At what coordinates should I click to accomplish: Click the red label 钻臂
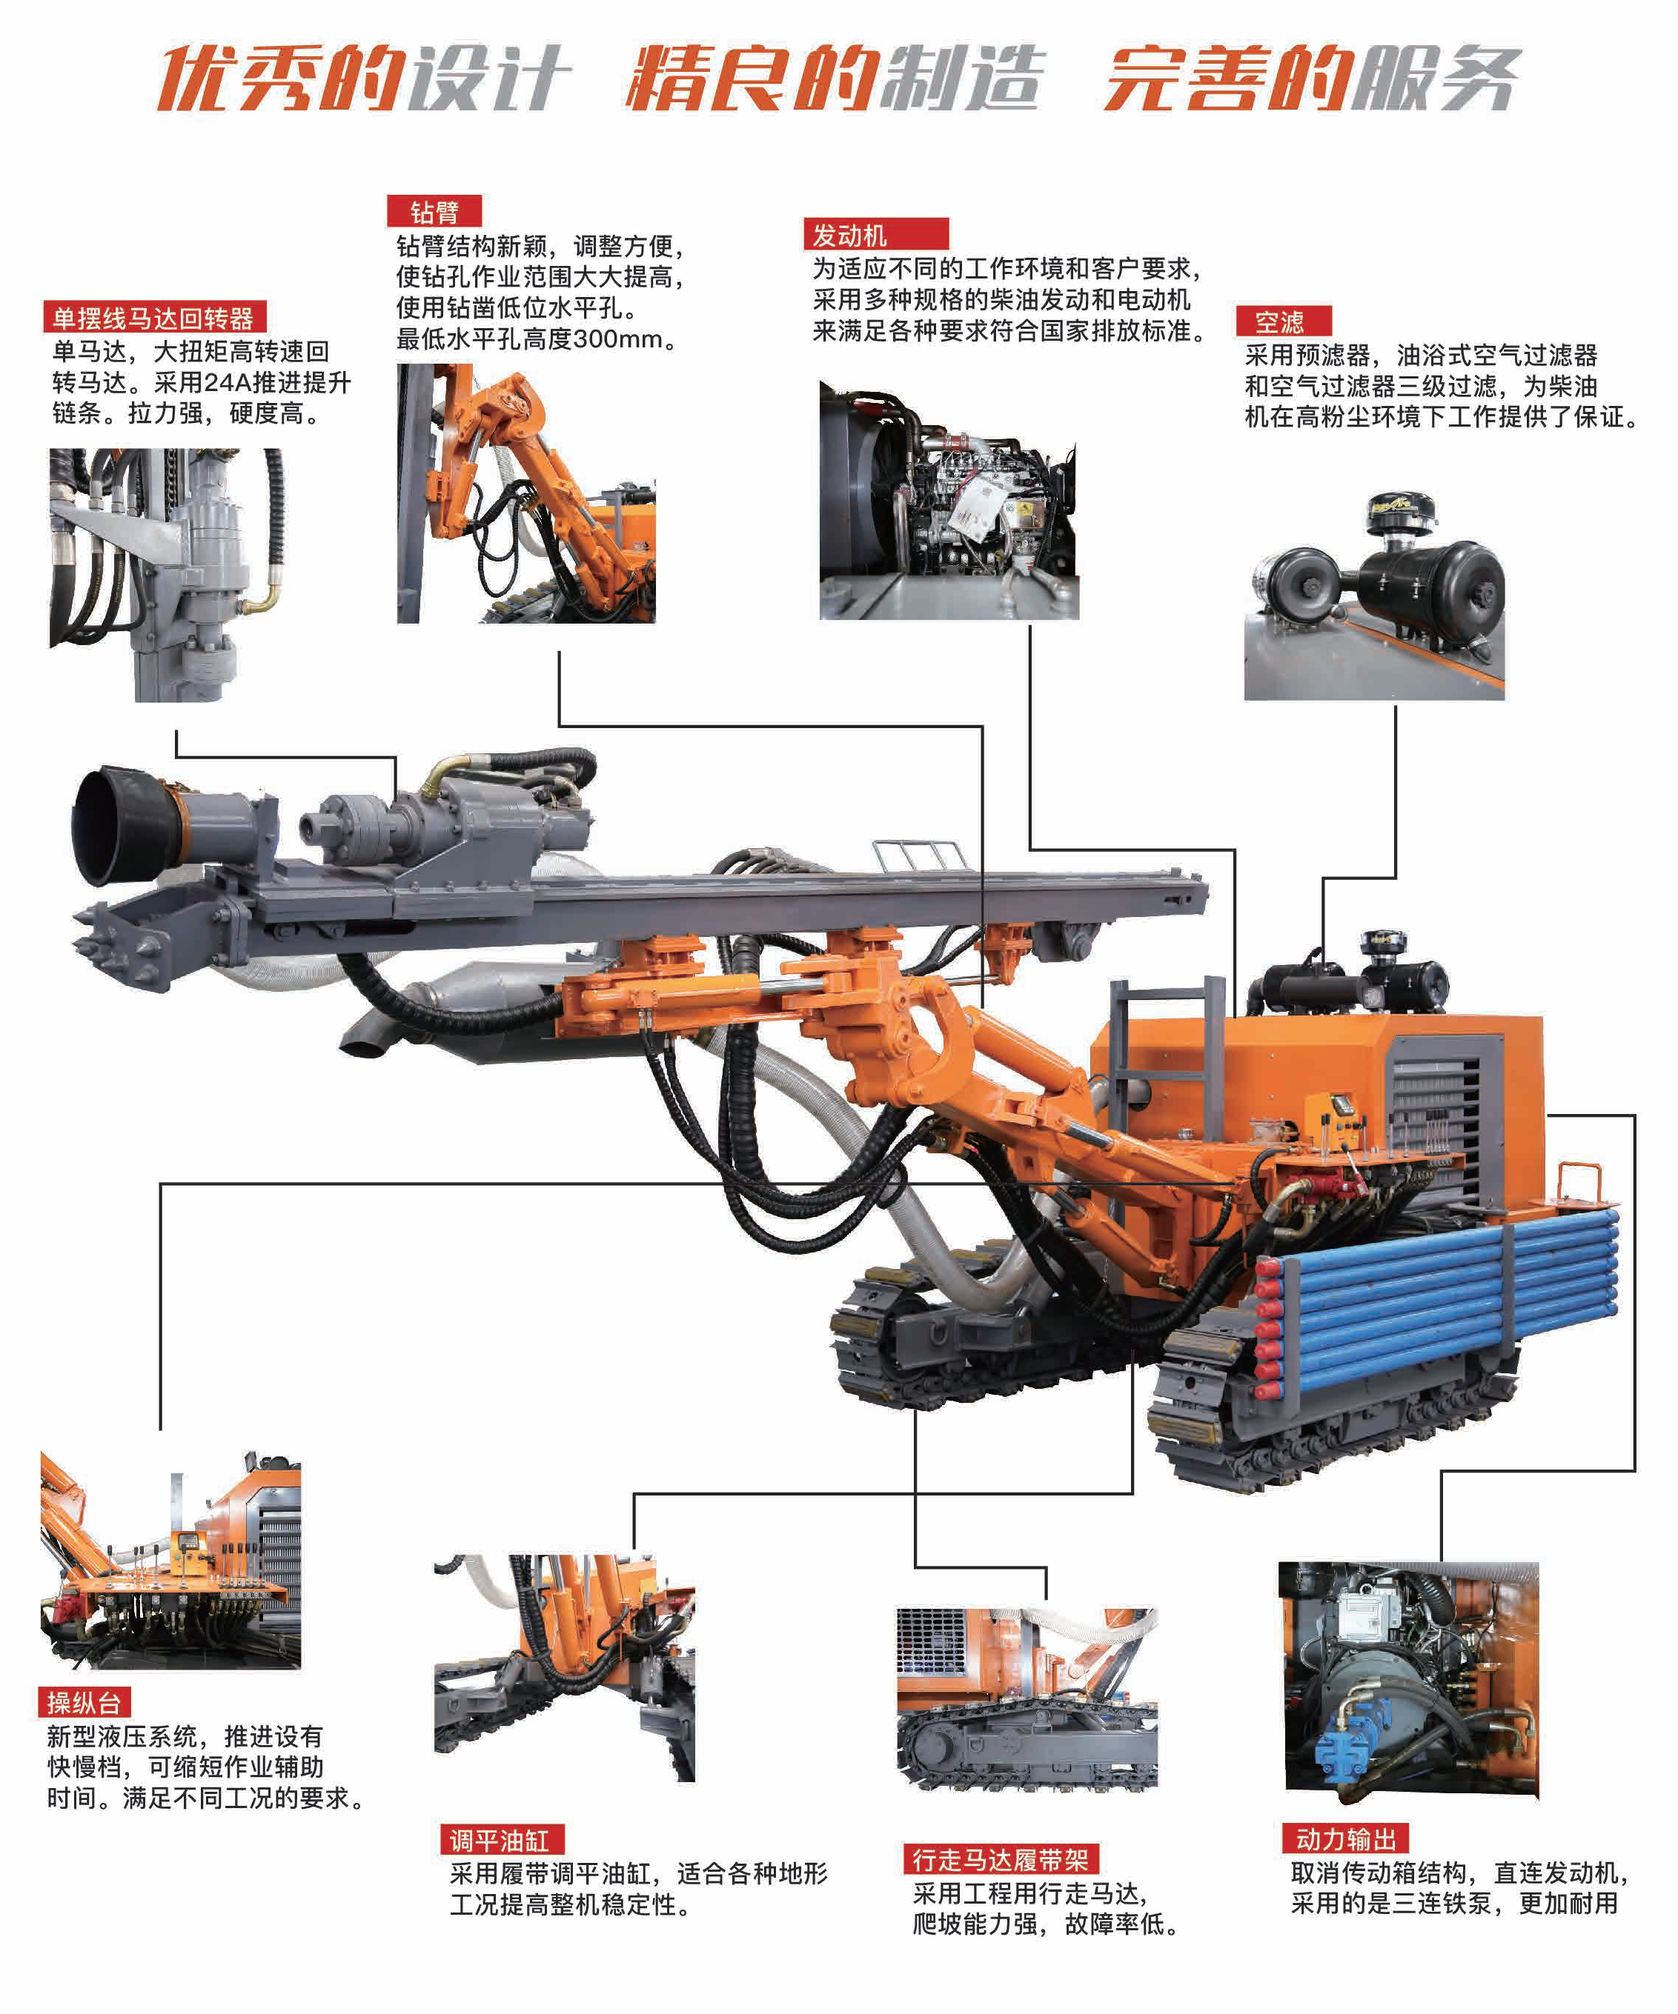point(434,211)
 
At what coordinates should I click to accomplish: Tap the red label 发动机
point(875,234)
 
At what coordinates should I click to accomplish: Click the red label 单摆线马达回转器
point(154,318)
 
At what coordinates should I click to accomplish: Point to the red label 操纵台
point(84,1702)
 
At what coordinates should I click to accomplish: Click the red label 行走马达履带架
point(1001,1860)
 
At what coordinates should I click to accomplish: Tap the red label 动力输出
point(1345,1838)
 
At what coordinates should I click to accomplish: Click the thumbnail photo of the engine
point(949,499)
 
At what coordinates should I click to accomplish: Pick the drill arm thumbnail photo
point(525,493)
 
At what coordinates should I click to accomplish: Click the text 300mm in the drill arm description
point(618,339)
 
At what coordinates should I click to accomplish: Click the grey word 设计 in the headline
point(489,77)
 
